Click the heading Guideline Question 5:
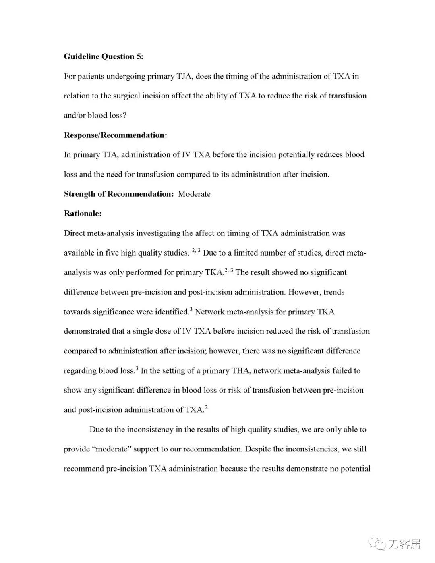pyautogui.click(x=104, y=57)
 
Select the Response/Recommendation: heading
pyautogui.click(x=115, y=135)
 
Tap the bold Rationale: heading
pyautogui.click(x=83, y=214)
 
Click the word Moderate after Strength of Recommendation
pyautogui.click(x=194, y=194)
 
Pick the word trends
pyautogui.click(x=333, y=292)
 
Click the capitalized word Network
pyautogui.click(x=209, y=312)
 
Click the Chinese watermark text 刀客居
pyautogui.click(x=404, y=544)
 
